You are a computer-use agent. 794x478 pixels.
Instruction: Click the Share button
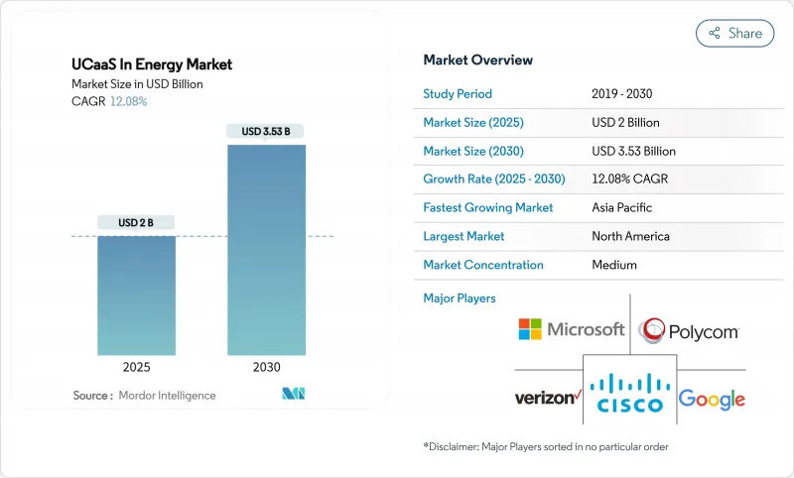734,33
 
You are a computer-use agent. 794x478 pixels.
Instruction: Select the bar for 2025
136,296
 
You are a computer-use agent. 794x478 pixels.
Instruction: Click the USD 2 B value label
136,222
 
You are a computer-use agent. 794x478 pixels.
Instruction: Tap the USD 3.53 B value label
266,131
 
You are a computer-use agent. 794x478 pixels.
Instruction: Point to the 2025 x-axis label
136,367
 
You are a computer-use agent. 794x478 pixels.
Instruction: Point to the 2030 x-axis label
266,367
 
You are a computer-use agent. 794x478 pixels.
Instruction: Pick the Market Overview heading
477,60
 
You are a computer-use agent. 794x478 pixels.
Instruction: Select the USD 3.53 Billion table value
633,152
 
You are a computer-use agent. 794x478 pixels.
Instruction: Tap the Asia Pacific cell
622,208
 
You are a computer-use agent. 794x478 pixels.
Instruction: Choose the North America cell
630,237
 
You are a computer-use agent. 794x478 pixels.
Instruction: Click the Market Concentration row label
483,266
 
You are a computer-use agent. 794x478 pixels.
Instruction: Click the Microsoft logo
572,329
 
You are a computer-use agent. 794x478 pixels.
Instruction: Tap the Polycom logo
689,330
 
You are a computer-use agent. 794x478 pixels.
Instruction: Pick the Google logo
711,400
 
